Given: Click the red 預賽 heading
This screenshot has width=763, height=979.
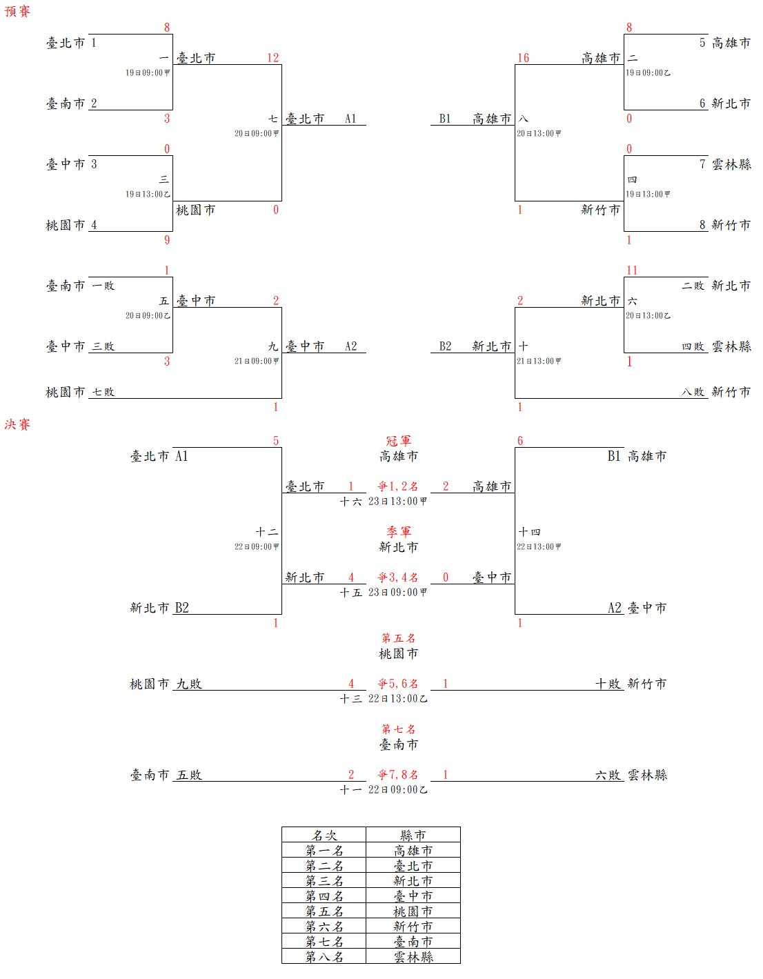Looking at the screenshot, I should (x=17, y=12).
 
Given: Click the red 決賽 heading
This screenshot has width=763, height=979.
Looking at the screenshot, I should (x=17, y=424).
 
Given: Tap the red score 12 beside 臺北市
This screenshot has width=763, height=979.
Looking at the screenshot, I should (x=273, y=58).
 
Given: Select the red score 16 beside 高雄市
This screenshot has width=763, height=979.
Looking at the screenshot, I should (x=523, y=58).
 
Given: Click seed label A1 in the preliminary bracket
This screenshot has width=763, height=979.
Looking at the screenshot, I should (x=350, y=119).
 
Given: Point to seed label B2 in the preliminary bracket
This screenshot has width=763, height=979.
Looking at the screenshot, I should (x=445, y=346).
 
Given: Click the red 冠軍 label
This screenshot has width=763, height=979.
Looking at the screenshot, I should (x=398, y=441).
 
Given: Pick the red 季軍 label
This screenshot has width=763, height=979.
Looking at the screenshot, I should (x=398, y=532).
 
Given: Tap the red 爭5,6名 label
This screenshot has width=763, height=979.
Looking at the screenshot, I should (x=398, y=684).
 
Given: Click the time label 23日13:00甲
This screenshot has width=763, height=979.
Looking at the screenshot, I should (x=397, y=502).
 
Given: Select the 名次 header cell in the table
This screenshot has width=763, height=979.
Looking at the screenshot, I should (x=324, y=835).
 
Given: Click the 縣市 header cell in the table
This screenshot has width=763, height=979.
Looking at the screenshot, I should (x=413, y=835).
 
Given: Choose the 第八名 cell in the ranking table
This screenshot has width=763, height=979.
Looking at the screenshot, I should (x=324, y=957).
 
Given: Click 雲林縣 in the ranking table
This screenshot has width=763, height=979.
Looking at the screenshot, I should (x=413, y=957).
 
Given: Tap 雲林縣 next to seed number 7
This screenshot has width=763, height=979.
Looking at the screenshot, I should (x=731, y=164).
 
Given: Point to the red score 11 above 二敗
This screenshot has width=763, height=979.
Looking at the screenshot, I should (x=632, y=270).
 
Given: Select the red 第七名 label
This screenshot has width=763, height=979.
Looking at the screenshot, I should (x=398, y=729).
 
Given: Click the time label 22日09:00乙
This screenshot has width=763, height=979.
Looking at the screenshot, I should (x=397, y=790).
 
